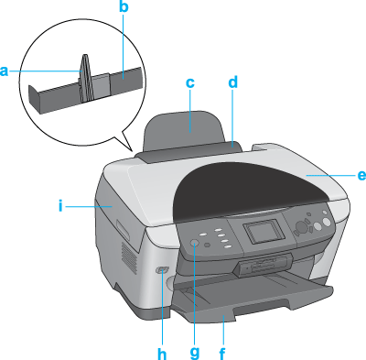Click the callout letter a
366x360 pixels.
click(x=4, y=71)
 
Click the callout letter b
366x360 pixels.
click(x=124, y=6)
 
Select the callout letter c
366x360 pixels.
click(x=190, y=82)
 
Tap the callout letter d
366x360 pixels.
click(x=232, y=82)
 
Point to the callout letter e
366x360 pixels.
click(x=361, y=175)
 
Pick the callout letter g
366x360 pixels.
click(x=195, y=353)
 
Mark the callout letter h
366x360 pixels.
click(x=162, y=354)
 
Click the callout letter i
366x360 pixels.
click(x=60, y=206)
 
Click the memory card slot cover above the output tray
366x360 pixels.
click(x=263, y=265)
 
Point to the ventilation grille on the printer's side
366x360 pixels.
click(x=130, y=258)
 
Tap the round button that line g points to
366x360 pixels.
click(x=194, y=243)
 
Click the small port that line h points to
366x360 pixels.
click(x=162, y=270)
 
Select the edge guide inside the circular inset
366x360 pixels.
click(x=85, y=78)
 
